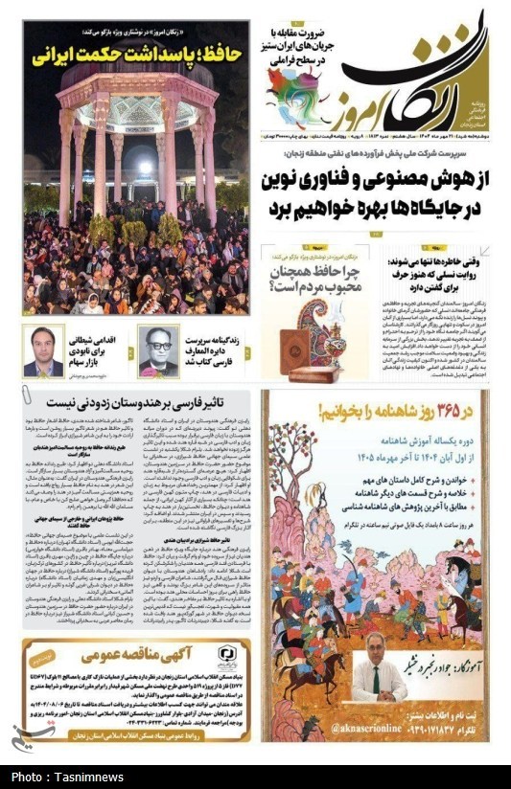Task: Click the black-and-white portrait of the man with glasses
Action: coord(158,350)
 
